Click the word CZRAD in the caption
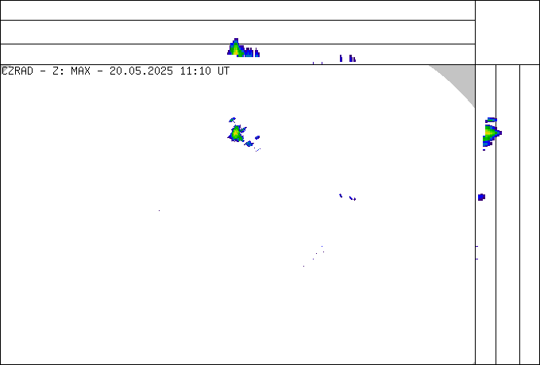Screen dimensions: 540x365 pos(17,71)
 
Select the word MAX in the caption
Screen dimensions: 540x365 pos(80,71)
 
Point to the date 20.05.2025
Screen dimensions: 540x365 pos(141,71)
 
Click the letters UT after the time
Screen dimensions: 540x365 pos(223,71)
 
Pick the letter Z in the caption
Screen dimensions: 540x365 pos(56,71)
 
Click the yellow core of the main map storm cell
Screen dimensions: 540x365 pos(236,133)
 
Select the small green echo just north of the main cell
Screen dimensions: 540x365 pos(233,120)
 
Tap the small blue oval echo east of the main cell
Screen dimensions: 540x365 pos(257,137)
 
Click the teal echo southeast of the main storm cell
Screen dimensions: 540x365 pos(249,144)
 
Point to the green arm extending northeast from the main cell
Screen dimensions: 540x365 pos(243,129)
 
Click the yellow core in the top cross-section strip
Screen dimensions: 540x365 pos(235,49)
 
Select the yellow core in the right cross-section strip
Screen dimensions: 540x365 pos(489,133)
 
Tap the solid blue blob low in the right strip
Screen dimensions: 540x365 pos(481,197)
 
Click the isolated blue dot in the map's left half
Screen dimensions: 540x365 pos(159,210)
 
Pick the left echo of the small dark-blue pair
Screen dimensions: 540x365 pos(341,195)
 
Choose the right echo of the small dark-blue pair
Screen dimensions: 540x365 pos(353,198)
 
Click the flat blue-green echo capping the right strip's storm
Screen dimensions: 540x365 pos(491,120)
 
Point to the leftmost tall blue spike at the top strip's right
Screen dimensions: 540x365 pos(341,58)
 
